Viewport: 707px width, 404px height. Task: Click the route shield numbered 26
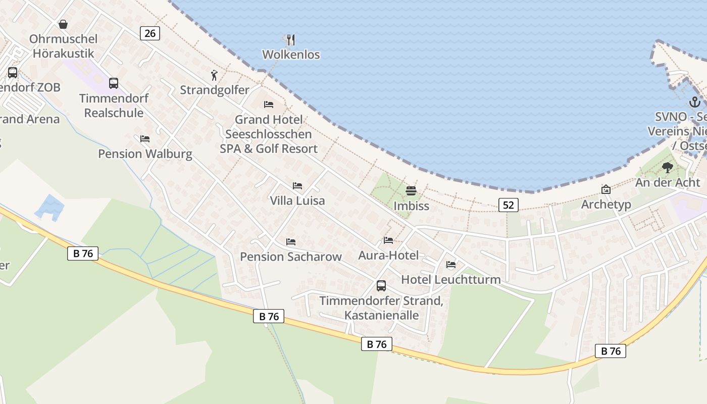pyautogui.click(x=150, y=33)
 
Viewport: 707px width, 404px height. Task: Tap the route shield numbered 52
pyautogui.click(x=509, y=205)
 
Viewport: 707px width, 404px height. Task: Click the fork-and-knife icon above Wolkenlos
pyautogui.click(x=291, y=39)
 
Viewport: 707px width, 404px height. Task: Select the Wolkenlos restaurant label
pyautogui.click(x=291, y=55)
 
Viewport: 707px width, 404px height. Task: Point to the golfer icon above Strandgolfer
pyautogui.click(x=215, y=76)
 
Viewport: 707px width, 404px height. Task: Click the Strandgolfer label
pyautogui.click(x=215, y=90)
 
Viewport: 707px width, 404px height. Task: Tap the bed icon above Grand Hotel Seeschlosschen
pyautogui.click(x=269, y=105)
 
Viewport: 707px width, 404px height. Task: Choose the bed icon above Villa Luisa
pyautogui.click(x=297, y=186)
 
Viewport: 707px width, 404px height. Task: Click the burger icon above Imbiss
pyautogui.click(x=411, y=191)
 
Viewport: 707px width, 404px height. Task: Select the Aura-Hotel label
pyautogui.click(x=388, y=256)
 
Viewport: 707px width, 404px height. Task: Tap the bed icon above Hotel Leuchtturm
pyautogui.click(x=451, y=264)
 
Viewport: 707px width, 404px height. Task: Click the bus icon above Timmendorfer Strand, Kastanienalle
pyautogui.click(x=381, y=286)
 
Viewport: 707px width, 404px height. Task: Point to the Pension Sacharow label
pyautogui.click(x=291, y=257)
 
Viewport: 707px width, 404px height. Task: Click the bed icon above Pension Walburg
pyautogui.click(x=145, y=138)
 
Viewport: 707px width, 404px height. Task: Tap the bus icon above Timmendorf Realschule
pyautogui.click(x=114, y=83)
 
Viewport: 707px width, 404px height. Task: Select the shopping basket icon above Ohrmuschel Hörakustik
pyautogui.click(x=63, y=24)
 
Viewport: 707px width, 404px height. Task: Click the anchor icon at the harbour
pyautogui.click(x=695, y=102)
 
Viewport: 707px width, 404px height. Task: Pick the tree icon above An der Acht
pyautogui.click(x=668, y=168)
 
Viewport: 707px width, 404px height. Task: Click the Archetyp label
pyautogui.click(x=606, y=205)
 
